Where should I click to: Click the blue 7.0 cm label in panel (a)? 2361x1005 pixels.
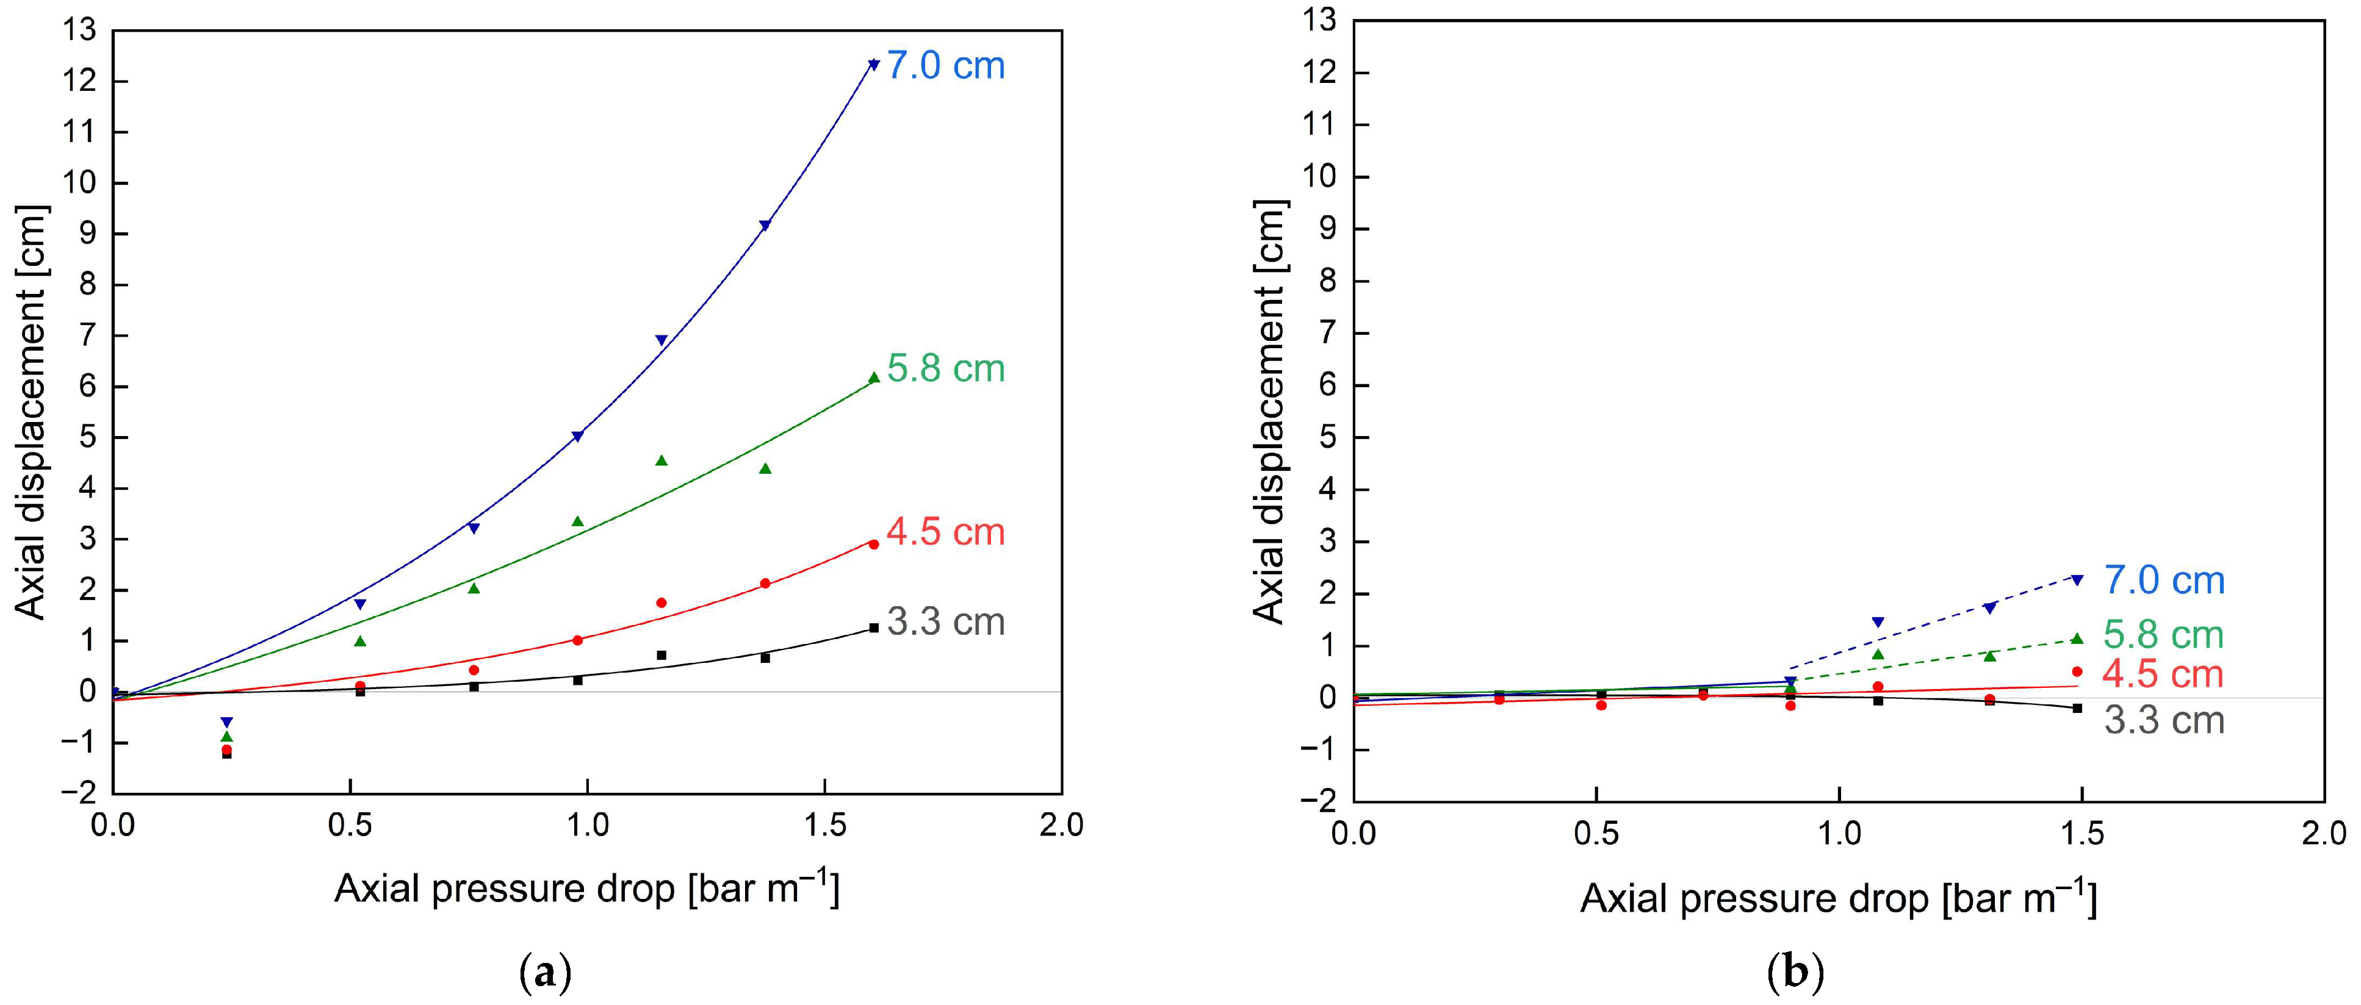click(945, 66)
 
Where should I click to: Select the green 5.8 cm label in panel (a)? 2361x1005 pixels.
click(945, 368)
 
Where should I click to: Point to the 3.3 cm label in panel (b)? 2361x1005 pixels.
click(2164, 720)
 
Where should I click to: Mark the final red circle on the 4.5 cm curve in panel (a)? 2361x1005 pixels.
click(873, 544)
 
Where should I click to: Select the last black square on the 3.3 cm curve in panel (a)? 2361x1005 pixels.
click(873, 628)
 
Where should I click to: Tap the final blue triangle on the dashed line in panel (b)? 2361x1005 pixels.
click(2077, 579)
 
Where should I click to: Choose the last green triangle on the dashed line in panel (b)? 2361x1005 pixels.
click(2077, 638)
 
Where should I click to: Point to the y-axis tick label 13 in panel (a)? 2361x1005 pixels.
click(80, 30)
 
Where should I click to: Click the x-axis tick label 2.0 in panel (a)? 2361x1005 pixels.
click(1061, 826)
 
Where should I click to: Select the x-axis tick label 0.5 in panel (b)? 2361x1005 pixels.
click(1596, 834)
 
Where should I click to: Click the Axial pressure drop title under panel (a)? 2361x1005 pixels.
click(586, 889)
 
